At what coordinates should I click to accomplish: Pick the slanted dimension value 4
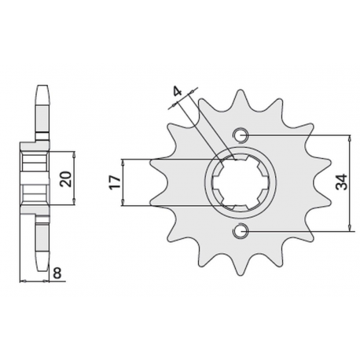point(177,95)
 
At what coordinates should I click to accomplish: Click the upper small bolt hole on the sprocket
point(241,134)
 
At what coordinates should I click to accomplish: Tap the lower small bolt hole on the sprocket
point(241,231)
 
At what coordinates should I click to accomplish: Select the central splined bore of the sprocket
point(241,183)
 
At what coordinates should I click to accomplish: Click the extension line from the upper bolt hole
point(299,134)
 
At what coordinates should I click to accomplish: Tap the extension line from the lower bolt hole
point(299,231)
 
